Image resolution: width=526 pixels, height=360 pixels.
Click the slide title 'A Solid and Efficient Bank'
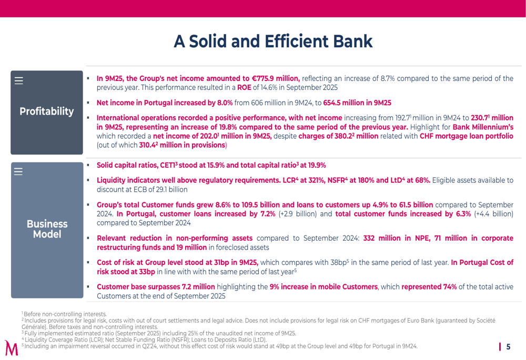(272, 42)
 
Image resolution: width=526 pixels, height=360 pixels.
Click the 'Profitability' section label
(47, 111)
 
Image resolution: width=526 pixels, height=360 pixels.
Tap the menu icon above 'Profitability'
(19, 81)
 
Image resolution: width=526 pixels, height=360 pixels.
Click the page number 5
(508, 347)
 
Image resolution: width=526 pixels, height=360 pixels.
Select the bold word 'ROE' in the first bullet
(245, 87)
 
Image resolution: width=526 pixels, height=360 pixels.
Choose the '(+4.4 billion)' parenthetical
(493, 213)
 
